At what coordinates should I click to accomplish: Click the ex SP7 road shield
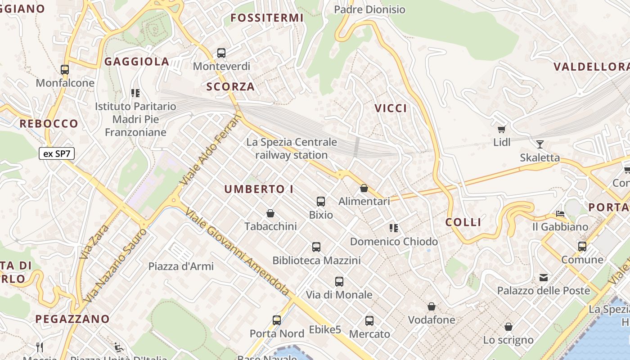tap(56, 153)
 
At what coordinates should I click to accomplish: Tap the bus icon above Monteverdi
tap(221, 53)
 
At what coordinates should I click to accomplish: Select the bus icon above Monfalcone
tap(65, 70)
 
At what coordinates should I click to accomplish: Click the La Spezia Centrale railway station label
tap(292, 148)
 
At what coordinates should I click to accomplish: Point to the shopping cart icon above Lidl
tap(501, 130)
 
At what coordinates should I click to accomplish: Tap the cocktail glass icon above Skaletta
tap(540, 144)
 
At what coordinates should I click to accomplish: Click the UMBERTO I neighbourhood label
tap(259, 189)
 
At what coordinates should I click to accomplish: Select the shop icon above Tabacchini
tap(270, 213)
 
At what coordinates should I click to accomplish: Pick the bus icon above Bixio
tap(321, 202)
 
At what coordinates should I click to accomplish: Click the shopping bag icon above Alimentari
tap(364, 188)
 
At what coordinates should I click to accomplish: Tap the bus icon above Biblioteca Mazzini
tap(316, 247)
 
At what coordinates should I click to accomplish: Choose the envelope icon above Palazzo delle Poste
tap(544, 278)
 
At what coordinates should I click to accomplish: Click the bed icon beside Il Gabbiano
tap(560, 213)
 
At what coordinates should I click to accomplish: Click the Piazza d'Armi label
tap(181, 266)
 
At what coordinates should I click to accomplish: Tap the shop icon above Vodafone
tap(432, 307)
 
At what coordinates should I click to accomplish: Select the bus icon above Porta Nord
tap(277, 320)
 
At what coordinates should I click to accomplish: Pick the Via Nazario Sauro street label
tap(116, 265)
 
